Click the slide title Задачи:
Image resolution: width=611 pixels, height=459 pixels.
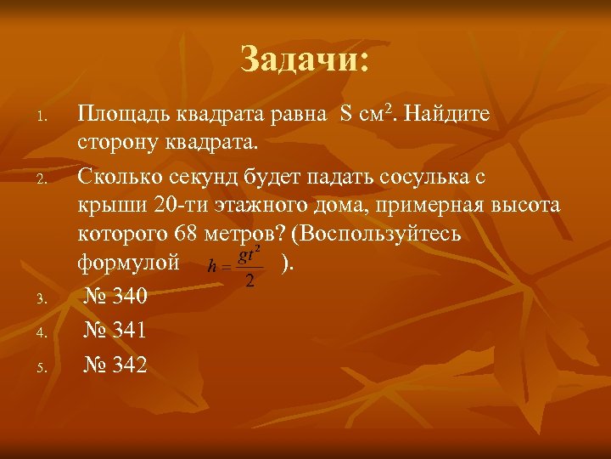(305, 59)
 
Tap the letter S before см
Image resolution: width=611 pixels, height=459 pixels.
(345, 114)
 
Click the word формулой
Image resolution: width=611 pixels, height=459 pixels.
(128, 263)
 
